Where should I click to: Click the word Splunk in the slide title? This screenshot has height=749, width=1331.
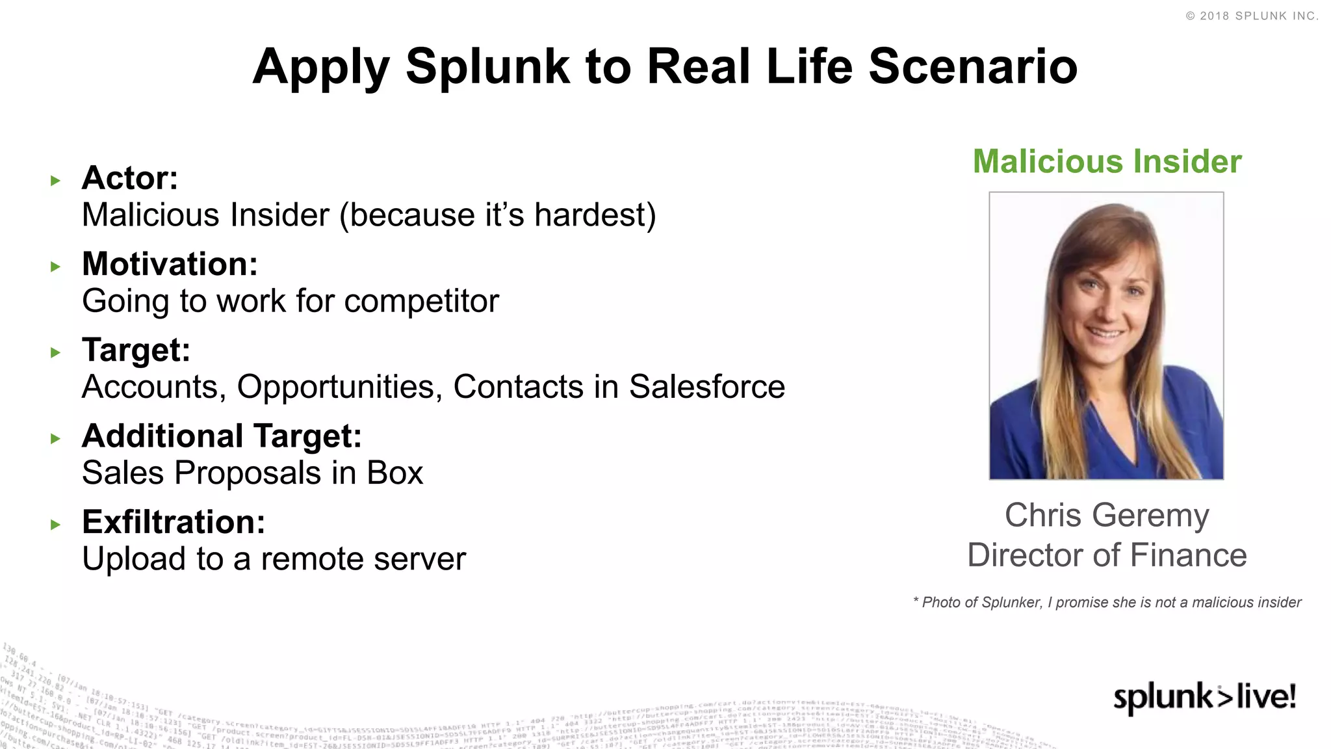point(487,67)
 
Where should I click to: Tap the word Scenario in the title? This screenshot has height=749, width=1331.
point(973,67)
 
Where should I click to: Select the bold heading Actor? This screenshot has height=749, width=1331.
point(130,177)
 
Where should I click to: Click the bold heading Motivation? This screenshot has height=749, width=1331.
point(170,264)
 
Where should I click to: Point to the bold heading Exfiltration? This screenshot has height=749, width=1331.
point(174,522)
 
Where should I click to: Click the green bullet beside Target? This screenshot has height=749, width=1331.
point(56,352)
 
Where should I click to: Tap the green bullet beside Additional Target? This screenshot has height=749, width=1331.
point(56,439)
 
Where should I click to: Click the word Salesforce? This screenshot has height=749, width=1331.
point(707,387)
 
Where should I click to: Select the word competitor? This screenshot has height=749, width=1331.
point(421,301)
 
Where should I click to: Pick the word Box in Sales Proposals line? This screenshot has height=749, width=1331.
point(395,473)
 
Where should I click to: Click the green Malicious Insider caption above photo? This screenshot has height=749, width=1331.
point(1107,161)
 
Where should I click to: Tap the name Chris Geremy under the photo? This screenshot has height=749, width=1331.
point(1107,516)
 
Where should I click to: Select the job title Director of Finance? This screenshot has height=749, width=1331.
point(1107,556)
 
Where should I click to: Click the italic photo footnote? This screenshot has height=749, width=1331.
point(1107,603)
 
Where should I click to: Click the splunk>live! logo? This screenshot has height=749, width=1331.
point(1204,697)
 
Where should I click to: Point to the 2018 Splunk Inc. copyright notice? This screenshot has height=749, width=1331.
point(1252,16)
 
